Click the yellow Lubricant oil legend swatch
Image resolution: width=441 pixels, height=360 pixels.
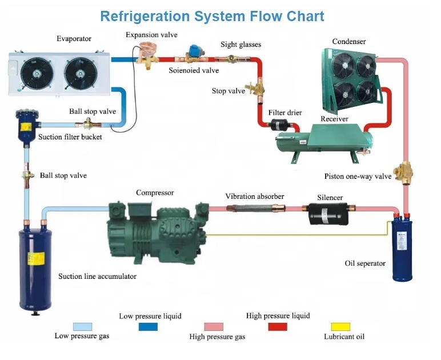pos(340,326)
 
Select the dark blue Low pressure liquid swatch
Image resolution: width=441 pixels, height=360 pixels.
pos(148,326)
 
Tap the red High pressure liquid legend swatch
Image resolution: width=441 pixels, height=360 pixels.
pos(278,326)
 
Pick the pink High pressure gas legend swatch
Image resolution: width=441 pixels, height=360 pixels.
pos(214,326)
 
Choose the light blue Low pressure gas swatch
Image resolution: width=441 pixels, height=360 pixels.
pos(82,326)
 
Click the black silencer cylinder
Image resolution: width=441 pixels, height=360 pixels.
pos(328,214)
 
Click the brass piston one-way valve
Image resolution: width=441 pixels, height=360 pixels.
pos(403,172)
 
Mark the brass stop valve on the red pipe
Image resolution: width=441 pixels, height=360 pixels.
pos(255,89)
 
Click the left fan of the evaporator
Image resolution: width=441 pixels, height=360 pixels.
pos(37,74)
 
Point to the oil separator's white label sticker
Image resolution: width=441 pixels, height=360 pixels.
pos(401,241)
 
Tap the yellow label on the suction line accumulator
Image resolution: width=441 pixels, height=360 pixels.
pos(36,258)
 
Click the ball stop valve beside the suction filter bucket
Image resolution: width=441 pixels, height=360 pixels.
pos(88,123)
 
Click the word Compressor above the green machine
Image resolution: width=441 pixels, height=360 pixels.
pos(155,193)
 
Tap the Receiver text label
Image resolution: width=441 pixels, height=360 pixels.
pos(334,119)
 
